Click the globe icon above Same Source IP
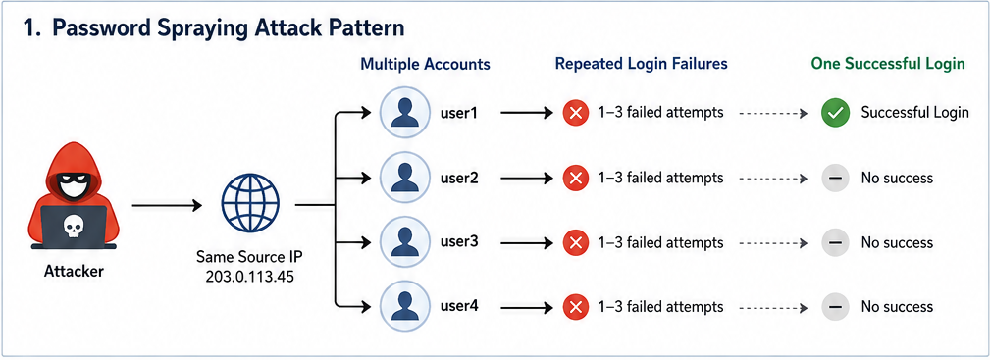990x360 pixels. tap(250, 205)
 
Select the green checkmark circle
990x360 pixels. tap(834, 114)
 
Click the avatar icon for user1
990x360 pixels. tap(403, 113)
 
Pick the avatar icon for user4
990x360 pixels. tap(403, 308)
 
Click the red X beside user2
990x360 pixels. tap(575, 179)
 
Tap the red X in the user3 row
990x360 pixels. tap(575, 242)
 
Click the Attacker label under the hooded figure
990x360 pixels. tap(74, 273)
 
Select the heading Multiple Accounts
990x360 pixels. tap(425, 64)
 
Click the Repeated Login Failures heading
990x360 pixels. tap(642, 64)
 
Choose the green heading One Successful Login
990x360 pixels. tap(888, 64)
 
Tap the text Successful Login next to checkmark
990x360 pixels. tap(914, 113)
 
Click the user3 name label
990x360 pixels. tap(459, 242)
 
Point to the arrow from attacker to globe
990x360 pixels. tap(167, 205)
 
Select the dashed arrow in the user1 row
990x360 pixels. tap(773, 114)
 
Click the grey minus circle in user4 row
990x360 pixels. tap(834, 308)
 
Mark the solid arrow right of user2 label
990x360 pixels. tap(527, 179)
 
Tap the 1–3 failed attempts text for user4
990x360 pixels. tap(660, 308)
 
